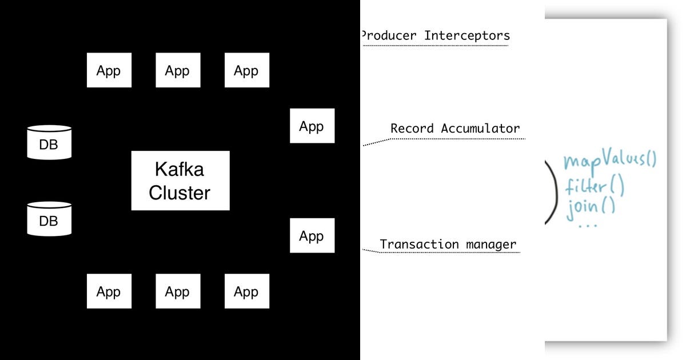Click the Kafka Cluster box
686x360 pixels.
click(x=180, y=181)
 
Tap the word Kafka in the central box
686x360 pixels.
click(x=180, y=170)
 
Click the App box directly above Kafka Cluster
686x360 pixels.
click(x=178, y=70)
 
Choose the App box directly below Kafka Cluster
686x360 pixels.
click(x=178, y=291)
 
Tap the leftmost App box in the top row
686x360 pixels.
click(x=109, y=70)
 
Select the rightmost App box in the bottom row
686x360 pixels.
click(x=246, y=291)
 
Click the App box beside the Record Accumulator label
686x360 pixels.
click(x=312, y=126)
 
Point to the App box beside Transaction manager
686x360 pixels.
click(x=312, y=235)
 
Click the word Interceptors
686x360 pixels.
click(x=466, y=35)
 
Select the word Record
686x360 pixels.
click(x=412, y=129)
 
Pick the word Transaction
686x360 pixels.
click(x=420, y=245)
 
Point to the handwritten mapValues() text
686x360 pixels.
click(x=609, y=161)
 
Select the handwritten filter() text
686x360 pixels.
click(x=595, y=186)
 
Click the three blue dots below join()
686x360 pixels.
click(x=587, y=225)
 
